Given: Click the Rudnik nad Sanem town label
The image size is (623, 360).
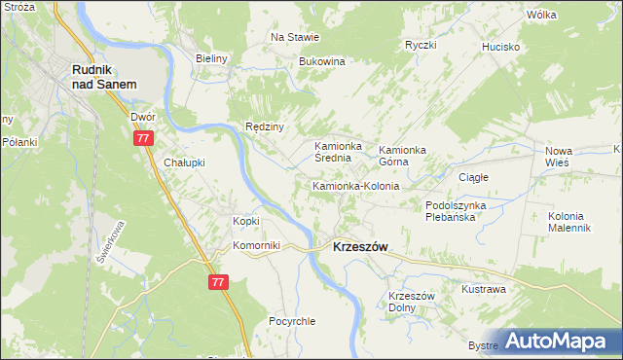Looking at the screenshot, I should pos(101,77).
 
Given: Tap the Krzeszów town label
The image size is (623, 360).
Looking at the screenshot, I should pos(360,247).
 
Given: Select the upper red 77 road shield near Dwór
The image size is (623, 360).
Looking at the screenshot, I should pos(144,139).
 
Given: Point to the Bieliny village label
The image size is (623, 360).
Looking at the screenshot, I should pos(211,58).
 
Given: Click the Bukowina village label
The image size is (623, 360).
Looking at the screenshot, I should pos(322,61).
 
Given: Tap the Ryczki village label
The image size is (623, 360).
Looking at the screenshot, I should pos(421,45).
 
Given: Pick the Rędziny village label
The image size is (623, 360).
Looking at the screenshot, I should pos(264,127).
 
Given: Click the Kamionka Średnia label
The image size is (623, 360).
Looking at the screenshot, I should pos(338,153).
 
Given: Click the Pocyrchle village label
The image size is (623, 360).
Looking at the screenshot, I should pos(293,321).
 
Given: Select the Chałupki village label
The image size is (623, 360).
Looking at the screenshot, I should pos(184,162).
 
